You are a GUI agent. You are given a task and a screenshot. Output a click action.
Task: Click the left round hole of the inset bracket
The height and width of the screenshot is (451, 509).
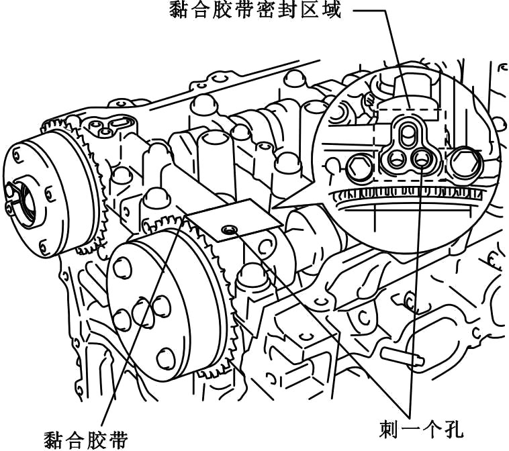(x=393, y=160)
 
